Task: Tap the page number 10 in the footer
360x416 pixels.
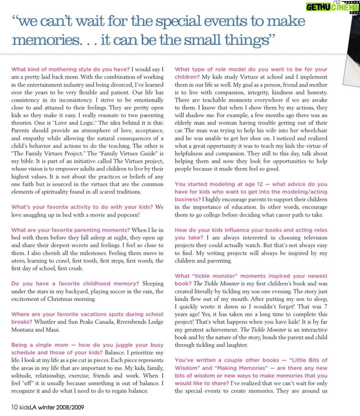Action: [14, 407]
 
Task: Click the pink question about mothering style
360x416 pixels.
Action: [70, 69]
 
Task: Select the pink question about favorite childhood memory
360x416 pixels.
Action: [75, 284]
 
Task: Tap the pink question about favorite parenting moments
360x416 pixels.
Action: [70, 230]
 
